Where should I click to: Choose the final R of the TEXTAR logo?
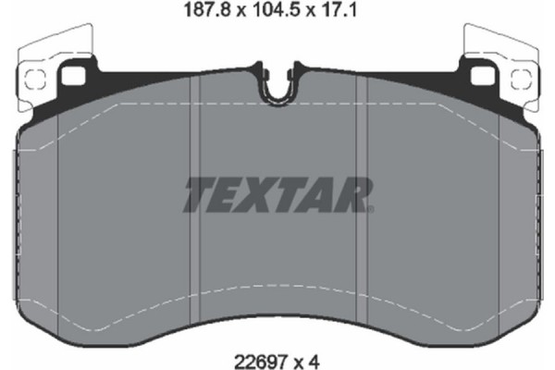[355, 193]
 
